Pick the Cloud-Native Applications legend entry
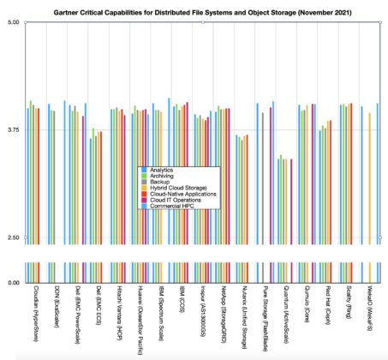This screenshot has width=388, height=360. [x=182, y=195]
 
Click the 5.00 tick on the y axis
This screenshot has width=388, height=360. [x=13, y=22]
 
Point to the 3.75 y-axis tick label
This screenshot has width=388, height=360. [x=13, y=129]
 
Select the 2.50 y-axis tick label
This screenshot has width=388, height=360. [x=13, y=237]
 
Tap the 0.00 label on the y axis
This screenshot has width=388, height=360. [x=13, y=282]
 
